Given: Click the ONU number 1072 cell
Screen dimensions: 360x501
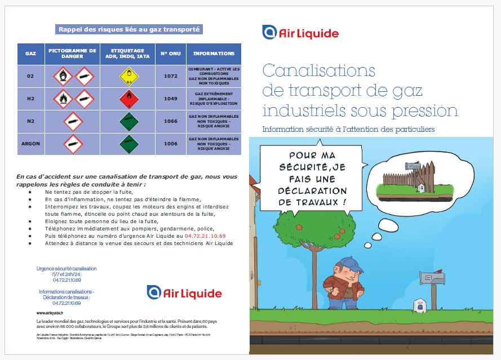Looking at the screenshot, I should [x=170, y=75].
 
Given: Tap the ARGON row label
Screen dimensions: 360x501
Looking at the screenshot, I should [x=31, y=144].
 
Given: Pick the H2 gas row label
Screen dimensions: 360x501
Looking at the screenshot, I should [x=31, y=99].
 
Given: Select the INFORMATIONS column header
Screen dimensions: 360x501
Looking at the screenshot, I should [x=214, y=54].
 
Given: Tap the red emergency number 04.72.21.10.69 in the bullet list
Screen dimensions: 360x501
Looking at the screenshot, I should [x=209, y=235].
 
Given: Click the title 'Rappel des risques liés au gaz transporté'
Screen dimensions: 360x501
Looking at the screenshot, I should [x=129, y=29].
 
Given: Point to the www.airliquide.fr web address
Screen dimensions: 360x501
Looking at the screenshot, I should [x=50, y=313].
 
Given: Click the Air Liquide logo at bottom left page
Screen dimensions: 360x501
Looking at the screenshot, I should [x=184, y=293].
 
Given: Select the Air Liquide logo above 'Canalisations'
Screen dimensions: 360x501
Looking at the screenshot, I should [x=300, y=33].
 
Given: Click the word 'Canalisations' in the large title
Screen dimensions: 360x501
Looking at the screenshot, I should [x=319, y=71].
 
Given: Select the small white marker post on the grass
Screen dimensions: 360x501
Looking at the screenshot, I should [x=419, y=304].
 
